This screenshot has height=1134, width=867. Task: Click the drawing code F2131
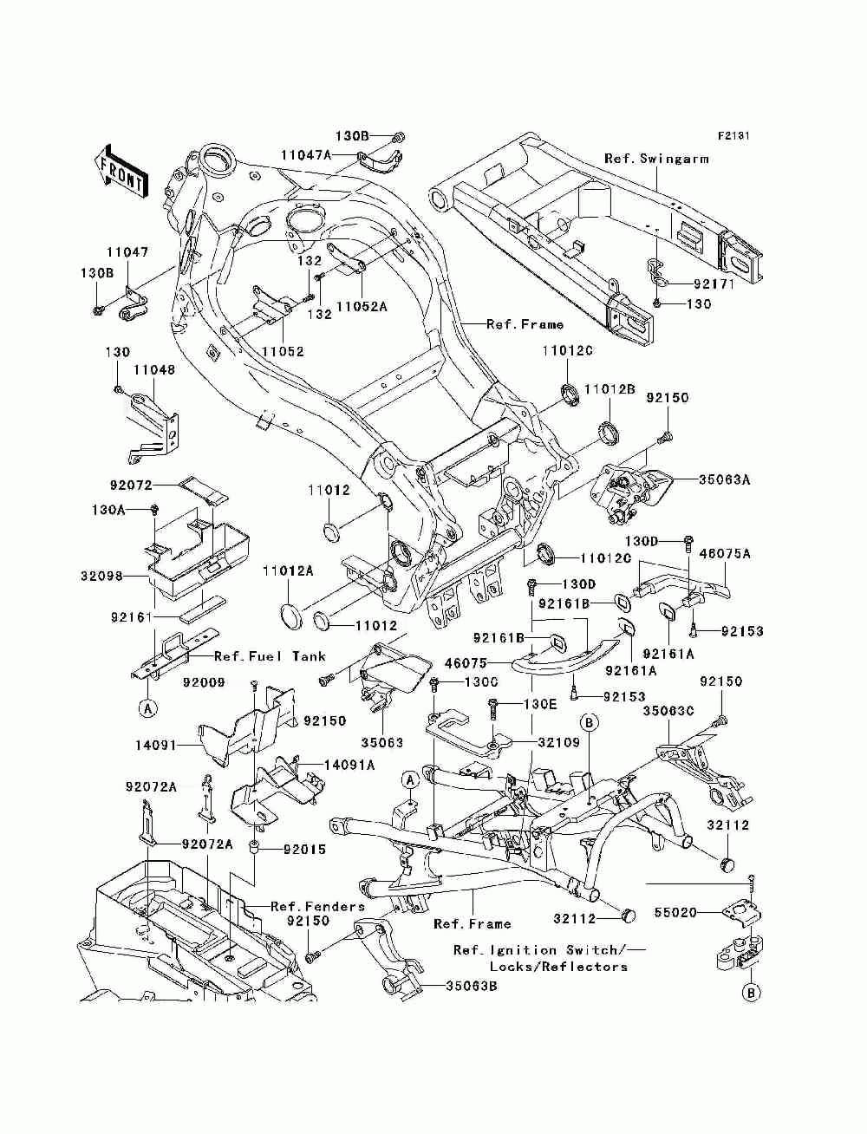click(733, 136)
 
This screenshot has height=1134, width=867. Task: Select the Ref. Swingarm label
click(656, 159)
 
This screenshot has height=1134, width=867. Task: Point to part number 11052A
click(362, 306)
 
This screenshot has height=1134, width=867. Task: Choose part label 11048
click(154, 370)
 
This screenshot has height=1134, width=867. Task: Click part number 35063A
click(724, 479)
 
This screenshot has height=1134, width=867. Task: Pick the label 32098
click(101, 576)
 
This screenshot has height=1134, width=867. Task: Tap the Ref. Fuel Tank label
click(271, 656)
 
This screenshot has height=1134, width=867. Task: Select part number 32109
click(559, 742)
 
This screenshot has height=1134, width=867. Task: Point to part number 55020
click(675, 913)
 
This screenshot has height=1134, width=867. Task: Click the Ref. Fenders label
click(318, 906)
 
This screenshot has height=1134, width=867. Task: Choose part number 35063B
click(472, 987)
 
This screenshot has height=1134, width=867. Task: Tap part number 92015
click(305, 850)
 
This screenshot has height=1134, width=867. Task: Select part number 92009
click(204, 682)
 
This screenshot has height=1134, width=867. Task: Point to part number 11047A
click(306, 155)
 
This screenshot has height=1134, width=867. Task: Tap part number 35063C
click(668, 711)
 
